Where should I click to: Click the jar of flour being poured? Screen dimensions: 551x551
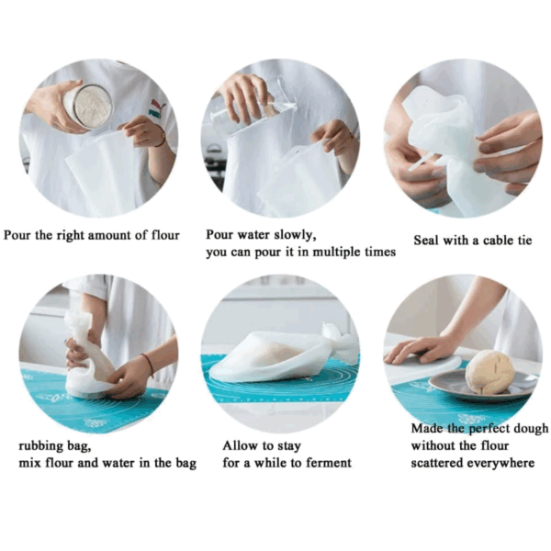[88, 106]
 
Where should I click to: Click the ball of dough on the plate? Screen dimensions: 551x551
[489, 372]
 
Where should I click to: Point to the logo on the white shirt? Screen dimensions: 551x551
[156, 107]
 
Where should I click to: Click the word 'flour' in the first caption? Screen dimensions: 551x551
[165, 235]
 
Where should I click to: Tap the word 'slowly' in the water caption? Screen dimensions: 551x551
[295, 235]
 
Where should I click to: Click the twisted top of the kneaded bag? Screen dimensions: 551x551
[79, 325]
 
